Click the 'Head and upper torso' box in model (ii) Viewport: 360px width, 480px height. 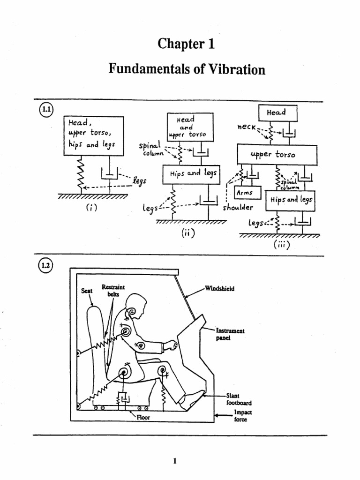click(190, 127)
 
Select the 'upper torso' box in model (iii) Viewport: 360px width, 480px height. click(277, 154)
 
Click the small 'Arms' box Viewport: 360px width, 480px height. click(245, 193)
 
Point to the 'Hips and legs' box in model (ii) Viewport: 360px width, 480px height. click(191, 173)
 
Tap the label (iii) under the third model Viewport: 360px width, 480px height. click(279, 245)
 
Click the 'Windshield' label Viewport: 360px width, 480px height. click(219, 288)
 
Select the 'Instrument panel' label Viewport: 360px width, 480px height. click(230, 334)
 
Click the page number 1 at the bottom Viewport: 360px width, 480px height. click(174, 461)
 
